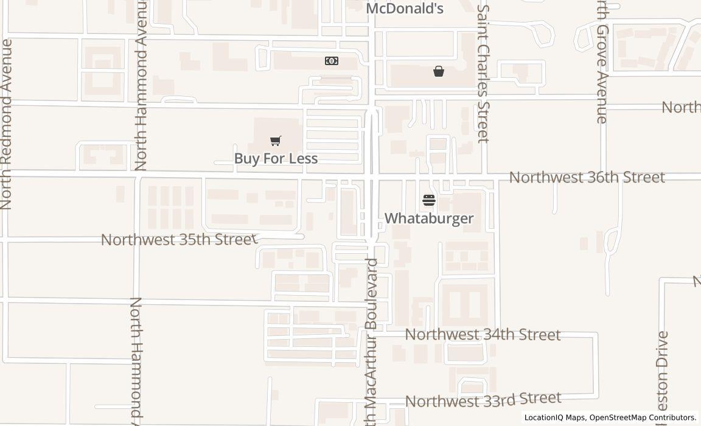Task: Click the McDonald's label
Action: pyautogui.click(x=404, y=9)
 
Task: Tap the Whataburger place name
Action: pyautogui.click(x=429, y=218)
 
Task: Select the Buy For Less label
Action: pyautogui.click(x=276, y=158)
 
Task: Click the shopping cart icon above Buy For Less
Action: pyautogui.click(x=276, y=141)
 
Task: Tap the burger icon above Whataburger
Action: pyautogui.click(x=429, y=200)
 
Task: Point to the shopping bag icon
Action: pyautogui.click(x=439, y=71)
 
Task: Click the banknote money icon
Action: pyautogui.click(x=332, y=61)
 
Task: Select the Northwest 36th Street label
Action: pyautogui.click(x=587, y=177)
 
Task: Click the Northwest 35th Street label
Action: pyautogui.click(x=179, y=239)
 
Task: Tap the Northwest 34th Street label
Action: pyautogui.click(x=483, y=334)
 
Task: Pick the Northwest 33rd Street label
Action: pyautogui.click(x=483, y=400)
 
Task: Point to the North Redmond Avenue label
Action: pyautogui.click(x=7, y=124)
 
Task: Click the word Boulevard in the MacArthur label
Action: pyautogui.click(x=372, y=295)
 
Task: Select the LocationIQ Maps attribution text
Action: pyautogui.click(x=554, y=417)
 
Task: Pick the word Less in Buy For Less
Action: pyautogui.click(x=304, y=158)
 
